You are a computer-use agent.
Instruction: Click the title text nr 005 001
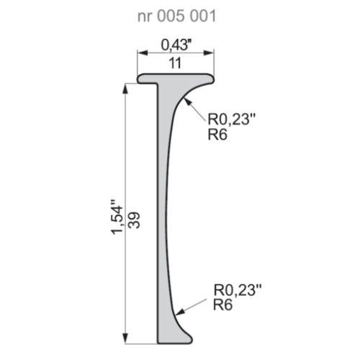[x=177, y=16]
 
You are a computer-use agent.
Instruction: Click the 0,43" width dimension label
[x=176, y=45]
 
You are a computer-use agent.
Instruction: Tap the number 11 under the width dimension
[x=175, y=63]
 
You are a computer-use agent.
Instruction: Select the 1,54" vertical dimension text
[x=117, y=217]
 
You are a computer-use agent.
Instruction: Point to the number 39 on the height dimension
[x=134, y=220]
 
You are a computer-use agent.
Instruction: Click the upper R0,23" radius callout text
[x=232, y=119]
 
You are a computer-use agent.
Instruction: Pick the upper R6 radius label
[x=217, y=135]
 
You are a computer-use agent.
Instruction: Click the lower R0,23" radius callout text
[x=238, y=290]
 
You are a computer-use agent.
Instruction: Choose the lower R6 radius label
[x=223, y=305]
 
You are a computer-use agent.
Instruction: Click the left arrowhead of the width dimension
[x=142, y=53]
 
